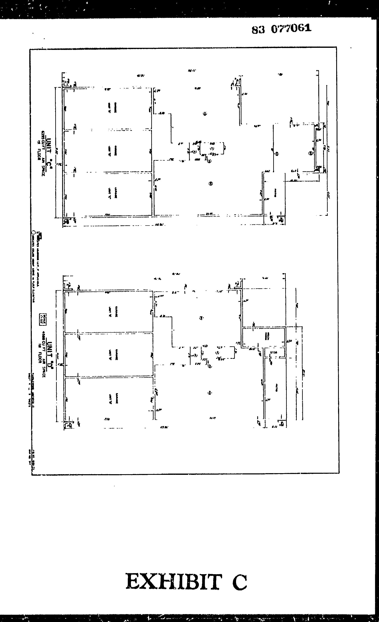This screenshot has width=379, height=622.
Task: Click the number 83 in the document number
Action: point(258,30)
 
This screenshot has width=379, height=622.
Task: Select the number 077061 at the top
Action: point(291,28)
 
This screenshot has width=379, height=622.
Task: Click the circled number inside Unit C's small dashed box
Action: point(212,148)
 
